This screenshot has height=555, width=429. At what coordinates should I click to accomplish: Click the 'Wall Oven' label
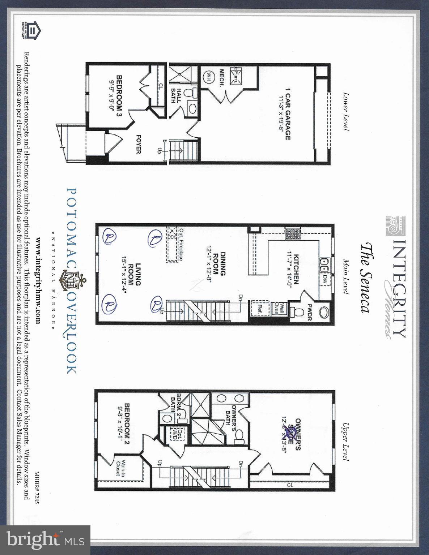point(277,308)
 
